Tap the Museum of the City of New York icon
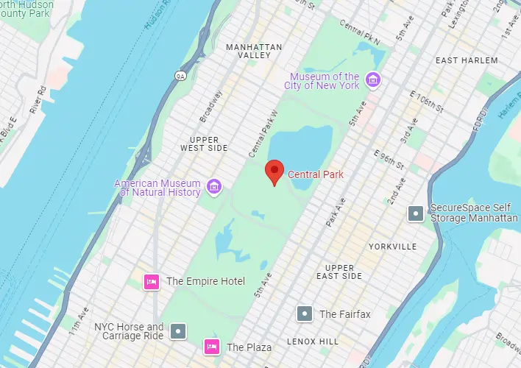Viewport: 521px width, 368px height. pos(373,79)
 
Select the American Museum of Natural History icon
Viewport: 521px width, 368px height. pos(214,185)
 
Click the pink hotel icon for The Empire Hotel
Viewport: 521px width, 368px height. pos(152,281)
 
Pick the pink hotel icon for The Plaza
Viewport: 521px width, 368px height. pos(212,347)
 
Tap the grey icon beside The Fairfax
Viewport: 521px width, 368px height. pos(304,314)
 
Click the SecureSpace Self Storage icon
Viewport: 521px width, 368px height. pos(416,213)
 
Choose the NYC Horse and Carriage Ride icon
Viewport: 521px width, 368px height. pos(179,331)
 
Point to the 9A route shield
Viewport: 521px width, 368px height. pos(180,75)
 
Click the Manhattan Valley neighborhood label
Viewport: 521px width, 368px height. pos(254,51)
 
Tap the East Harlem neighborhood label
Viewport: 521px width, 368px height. pos(467,60)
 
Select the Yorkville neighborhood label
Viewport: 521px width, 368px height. pos(393,247)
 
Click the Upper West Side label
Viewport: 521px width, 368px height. pos(204,144)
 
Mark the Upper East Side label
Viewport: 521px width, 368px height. pos(344,272)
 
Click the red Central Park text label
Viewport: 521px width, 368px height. pos(315,174)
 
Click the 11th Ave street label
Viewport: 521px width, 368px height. pos(78,317)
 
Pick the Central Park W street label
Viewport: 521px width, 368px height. pos(262,133)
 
